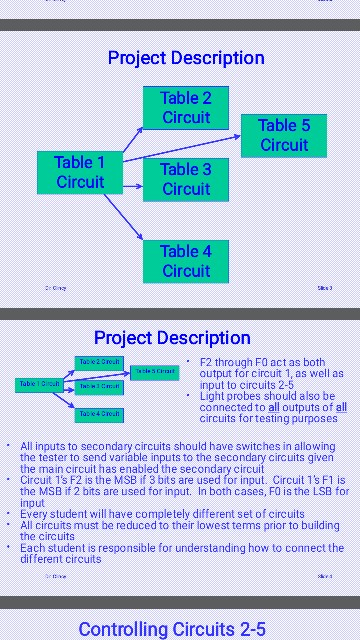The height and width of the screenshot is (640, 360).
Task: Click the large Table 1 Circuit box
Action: (80, 172)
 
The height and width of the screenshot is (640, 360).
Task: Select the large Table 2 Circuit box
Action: (186, 108)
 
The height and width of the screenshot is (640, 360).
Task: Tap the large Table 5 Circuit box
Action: (284, 136)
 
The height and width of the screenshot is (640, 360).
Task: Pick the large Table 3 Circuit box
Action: (186, 180)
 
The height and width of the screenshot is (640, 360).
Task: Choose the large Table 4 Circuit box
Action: (186, 261)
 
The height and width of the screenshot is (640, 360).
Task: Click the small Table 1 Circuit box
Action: (39, 384)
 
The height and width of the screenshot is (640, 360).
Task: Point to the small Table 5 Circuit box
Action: (155, 372)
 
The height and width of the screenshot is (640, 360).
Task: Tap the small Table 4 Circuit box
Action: (99, 413)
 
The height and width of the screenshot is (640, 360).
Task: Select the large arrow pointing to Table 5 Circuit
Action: (180, 149)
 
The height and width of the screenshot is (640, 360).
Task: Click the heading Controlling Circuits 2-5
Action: (172, 629)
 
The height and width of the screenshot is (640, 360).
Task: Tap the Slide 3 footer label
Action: (324, 288)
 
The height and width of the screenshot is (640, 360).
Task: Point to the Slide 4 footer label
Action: (324, 577)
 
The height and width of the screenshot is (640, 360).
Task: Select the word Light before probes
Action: (212, 396)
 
